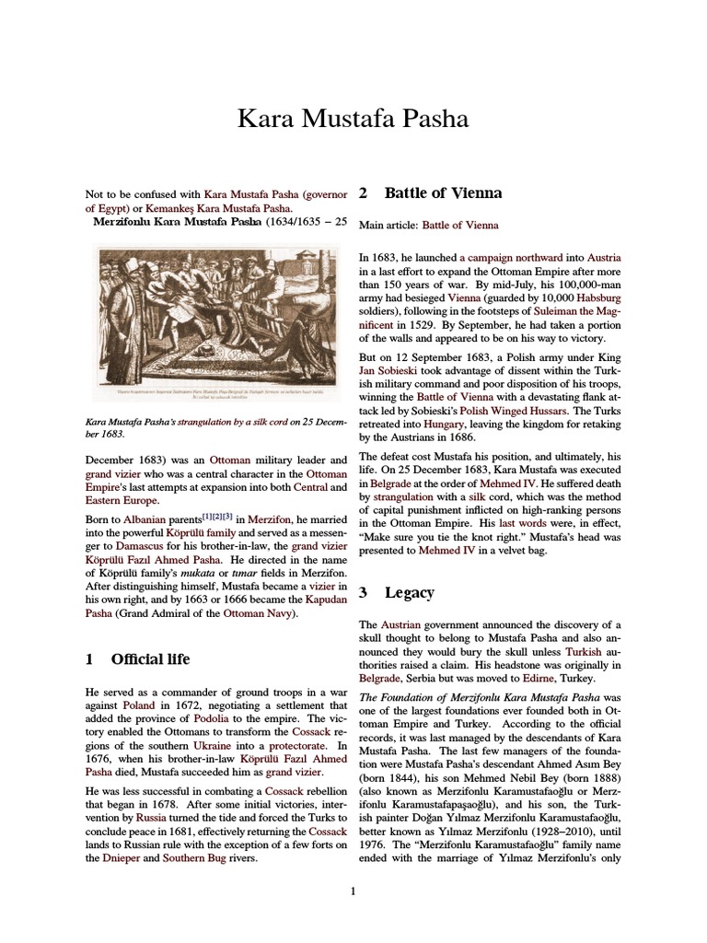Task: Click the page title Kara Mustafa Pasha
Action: point(353,119)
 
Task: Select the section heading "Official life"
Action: point(150,658)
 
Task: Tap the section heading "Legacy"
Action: point(410,592)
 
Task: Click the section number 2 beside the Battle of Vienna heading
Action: point(364,193)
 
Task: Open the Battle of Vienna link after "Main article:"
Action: point(460,225)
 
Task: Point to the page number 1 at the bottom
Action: point(353,890)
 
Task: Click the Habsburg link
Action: point(599,298)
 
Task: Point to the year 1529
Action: point(423,324)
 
